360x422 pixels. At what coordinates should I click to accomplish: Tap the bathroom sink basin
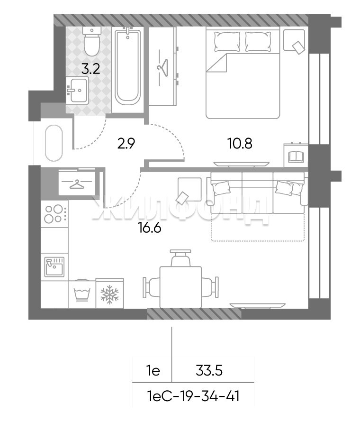pos(77,90)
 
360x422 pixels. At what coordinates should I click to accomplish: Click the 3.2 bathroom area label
pos(90,69)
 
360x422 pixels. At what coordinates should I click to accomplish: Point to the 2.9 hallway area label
pos(126,144)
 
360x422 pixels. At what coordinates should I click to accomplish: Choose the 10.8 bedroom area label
pos(240,144)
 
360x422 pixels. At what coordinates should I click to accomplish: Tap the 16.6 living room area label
pos(149,228)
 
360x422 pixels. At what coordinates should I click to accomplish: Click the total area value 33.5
pos(209,371)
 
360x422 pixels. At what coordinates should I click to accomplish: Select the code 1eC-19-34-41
pos(193,396)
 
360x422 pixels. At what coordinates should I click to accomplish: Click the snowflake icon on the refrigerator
pos(109,294)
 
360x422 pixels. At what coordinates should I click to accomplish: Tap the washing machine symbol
pos(82,294)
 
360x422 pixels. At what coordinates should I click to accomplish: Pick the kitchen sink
pos(54,266)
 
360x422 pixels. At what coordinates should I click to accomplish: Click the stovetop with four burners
pos(54,214)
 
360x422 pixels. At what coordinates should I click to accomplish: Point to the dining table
pos(180,287)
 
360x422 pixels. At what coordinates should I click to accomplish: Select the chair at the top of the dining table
pos(180,258)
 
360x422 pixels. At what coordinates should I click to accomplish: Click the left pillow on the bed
pos(227,41)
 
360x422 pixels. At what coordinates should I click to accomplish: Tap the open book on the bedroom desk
pos(296,157)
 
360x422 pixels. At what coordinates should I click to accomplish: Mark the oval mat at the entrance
pos(54,143)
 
